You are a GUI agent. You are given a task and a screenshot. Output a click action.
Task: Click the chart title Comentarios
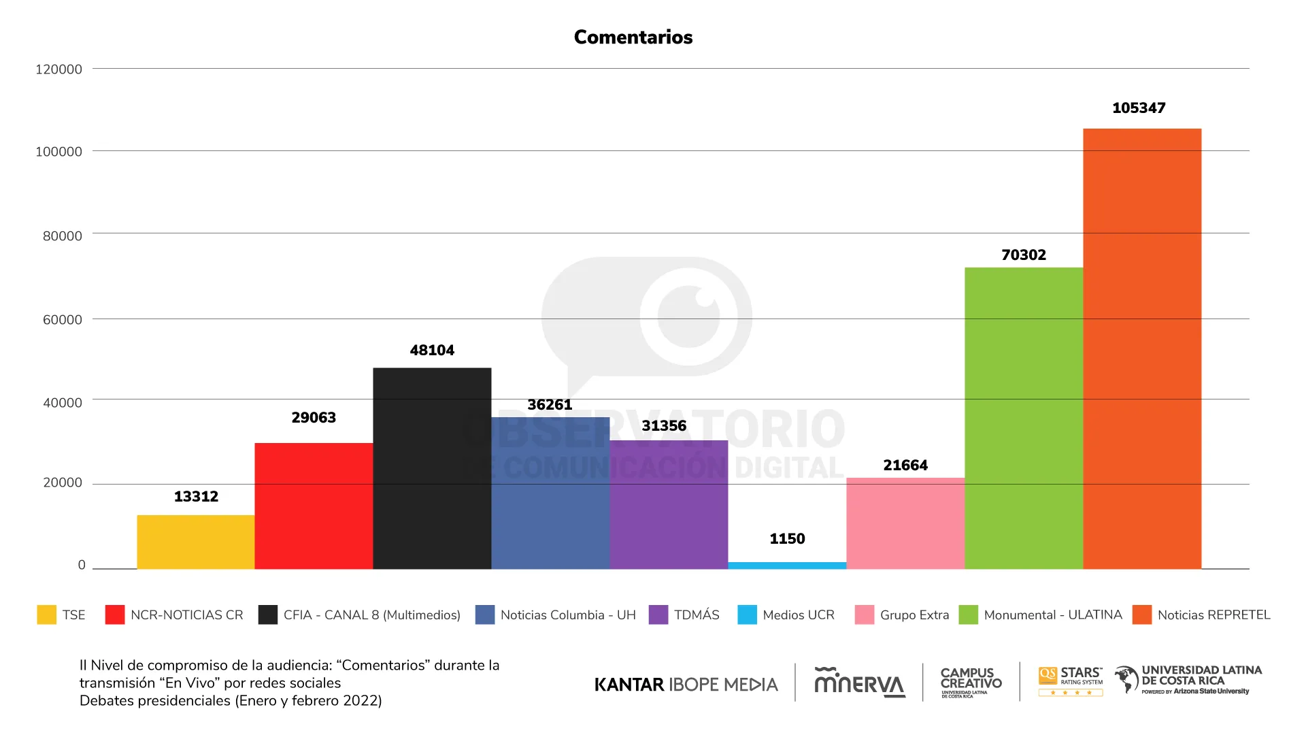tap(633, 37)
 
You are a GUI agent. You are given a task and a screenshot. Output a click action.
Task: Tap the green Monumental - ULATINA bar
tap(1024, 418)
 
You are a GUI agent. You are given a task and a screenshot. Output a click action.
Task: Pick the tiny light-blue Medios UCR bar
tap(787, 566)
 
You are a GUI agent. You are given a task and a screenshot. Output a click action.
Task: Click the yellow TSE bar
tap(196, 542)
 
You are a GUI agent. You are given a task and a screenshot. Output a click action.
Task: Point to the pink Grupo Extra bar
tap(905, 523)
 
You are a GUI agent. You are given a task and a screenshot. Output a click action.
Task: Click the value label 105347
tap(1139, 108)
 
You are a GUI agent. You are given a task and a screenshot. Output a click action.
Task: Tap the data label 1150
tap(787, 539)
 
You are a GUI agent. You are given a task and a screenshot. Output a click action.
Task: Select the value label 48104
tap(432, 350)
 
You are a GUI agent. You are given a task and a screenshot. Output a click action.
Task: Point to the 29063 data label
tap(314, 418)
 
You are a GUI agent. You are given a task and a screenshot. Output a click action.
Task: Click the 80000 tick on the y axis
tap(63, 236)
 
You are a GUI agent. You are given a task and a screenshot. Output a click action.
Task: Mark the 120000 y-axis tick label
tap(58, 69)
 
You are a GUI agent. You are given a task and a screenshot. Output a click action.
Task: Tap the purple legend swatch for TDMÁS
tap(658, 615)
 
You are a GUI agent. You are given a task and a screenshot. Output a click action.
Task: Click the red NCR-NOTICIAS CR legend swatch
tap(115, 615)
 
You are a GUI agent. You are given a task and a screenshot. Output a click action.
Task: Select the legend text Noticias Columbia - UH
tap(568, 615)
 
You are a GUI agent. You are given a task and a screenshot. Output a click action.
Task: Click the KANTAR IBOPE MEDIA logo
tap(686, 685)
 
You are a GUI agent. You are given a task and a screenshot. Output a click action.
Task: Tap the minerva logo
tap(860, 682)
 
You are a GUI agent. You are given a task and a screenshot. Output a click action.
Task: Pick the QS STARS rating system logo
tap(1071, 681)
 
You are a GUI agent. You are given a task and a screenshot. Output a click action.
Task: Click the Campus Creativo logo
tap(971, 682)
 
